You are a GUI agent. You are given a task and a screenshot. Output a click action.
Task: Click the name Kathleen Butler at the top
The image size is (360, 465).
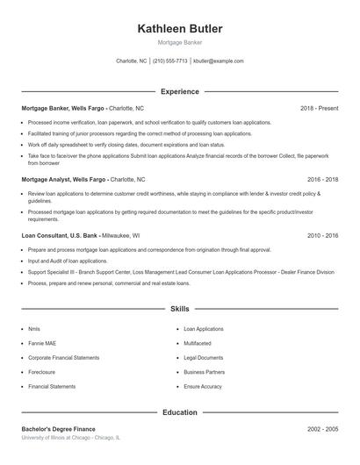click(179, 29)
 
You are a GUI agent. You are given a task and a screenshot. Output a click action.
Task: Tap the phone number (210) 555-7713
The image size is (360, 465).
click(170, 61)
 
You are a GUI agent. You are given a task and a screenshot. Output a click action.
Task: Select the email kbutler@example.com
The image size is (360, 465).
click(219, 61)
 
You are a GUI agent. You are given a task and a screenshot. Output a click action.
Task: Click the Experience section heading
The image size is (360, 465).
click(179, 91)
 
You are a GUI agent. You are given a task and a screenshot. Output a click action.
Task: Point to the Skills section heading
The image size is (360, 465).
click(179, 309)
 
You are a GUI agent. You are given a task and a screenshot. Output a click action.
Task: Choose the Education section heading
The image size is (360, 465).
click(179, 411)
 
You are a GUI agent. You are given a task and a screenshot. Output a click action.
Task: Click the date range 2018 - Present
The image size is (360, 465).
click(319, 108)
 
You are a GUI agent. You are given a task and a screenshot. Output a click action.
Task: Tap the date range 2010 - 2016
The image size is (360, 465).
click(322, 235)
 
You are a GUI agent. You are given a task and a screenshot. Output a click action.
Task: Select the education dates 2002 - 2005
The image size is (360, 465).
click(322, 429)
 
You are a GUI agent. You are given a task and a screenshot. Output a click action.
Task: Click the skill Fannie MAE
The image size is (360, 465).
click(41, 343)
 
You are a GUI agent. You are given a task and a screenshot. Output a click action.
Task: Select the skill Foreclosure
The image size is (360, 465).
click(43, 372)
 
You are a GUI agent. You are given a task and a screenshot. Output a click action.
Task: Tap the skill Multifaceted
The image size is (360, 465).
click(198, 343)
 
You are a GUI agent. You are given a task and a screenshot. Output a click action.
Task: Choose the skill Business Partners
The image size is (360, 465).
click(204, 372)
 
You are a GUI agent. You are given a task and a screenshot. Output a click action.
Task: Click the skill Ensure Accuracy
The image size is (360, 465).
click(203, 386)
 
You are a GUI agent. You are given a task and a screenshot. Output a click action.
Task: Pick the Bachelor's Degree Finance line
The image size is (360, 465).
click(58, 429)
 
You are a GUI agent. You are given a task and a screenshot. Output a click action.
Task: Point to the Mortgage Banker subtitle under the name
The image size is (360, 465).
click(179, 42)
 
